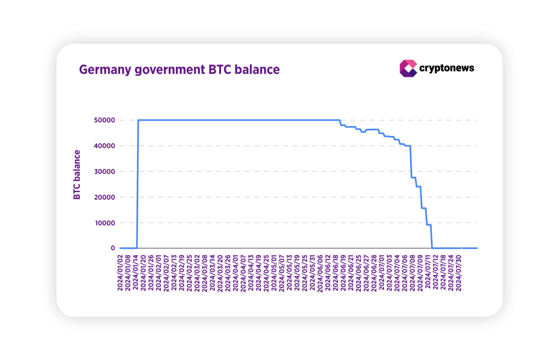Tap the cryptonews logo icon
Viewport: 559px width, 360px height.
[408, 68]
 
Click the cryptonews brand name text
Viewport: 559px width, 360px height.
[447, 68]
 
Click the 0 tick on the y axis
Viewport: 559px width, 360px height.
[112, 248]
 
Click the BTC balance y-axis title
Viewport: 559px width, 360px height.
[77, 175]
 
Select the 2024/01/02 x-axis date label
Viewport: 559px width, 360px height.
[121, 273]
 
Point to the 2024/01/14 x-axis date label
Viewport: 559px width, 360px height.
[136, 273]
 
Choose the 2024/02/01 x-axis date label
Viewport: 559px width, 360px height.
[159, 273]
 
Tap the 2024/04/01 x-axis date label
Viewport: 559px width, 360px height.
[236, 273]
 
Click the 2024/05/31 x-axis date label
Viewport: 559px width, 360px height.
[312, 273]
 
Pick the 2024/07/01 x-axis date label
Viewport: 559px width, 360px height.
[381, 273]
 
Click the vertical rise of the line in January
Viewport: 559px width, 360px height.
[137, 185]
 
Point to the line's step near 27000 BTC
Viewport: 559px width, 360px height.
[413, 177]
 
